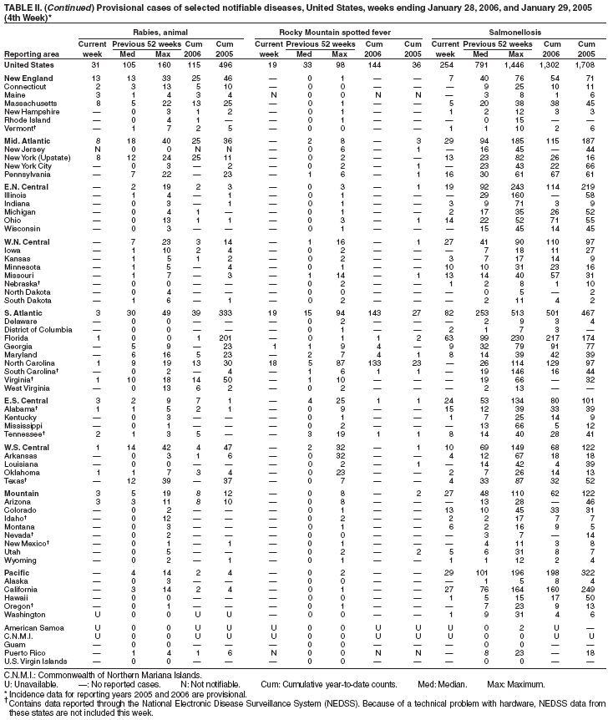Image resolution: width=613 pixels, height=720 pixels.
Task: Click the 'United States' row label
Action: click(28, 64)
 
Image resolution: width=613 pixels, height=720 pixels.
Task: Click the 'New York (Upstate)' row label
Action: click(38, 135)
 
